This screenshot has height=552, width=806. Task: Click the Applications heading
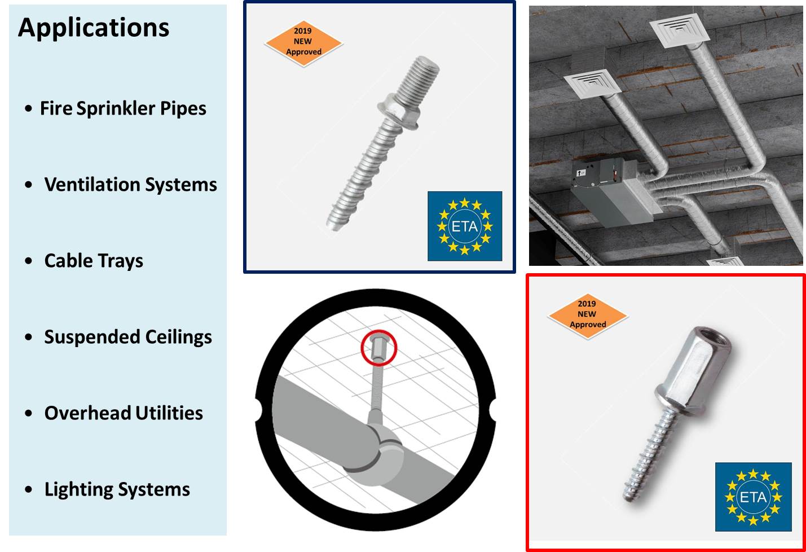[94, 28]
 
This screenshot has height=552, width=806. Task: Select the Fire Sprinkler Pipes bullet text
[123, 108]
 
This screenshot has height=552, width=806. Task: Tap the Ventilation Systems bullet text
[130, 185]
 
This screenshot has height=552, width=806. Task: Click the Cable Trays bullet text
[94, 261]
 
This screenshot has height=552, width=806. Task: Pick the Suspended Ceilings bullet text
[128, 337]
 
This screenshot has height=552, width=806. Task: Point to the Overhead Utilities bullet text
[124, 413]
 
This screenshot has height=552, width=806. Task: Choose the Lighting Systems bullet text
[117, 489]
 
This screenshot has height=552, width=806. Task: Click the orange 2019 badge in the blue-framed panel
[303, 42]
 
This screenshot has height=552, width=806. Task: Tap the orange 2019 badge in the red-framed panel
[587, 314]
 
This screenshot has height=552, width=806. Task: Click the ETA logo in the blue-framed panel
[465, 226]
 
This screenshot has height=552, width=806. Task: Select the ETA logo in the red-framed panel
[753, 497]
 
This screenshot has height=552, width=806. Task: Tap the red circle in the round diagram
[379, 347]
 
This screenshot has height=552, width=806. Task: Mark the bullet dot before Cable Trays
[29, 261]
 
